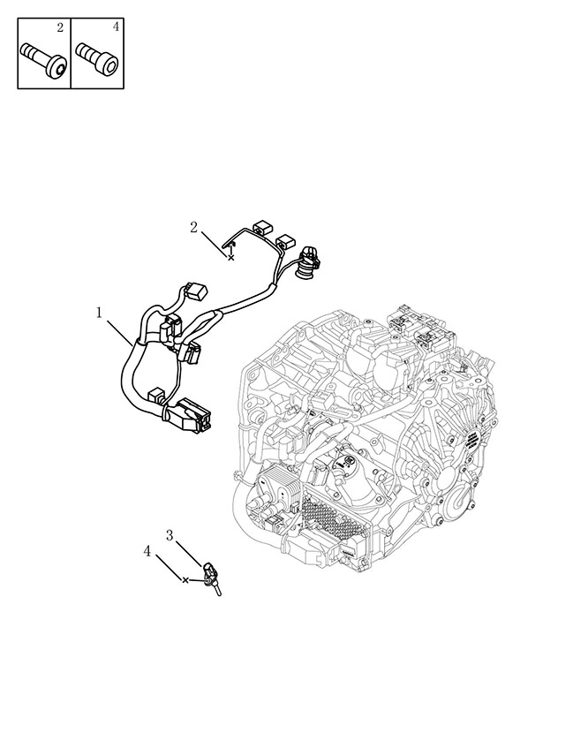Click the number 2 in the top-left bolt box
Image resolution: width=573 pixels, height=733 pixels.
(60, 28)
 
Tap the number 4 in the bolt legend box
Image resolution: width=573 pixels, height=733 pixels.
(116, 27)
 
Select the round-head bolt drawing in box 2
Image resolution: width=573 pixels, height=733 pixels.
(44, 58)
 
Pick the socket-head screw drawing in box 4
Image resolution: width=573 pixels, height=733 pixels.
(98, 58)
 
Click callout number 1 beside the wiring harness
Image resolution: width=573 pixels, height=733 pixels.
(99, 313)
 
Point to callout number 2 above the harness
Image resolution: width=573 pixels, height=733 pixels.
(194, 228)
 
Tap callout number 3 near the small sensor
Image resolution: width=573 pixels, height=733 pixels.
(170, 535)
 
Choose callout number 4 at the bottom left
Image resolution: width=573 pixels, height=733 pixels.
(147, 552)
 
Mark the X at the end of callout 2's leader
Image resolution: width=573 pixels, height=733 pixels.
(230, 258)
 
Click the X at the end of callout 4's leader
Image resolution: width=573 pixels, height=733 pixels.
(185, 580)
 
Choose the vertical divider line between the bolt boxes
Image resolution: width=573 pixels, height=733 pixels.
(71, 53)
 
